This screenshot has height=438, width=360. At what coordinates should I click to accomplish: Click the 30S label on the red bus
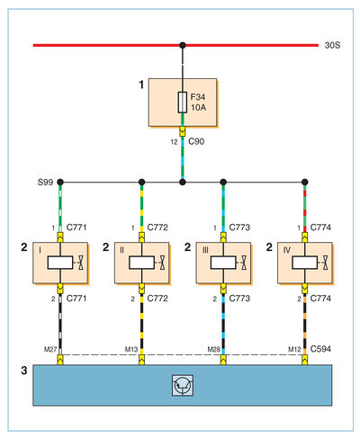click(x=332, y=45)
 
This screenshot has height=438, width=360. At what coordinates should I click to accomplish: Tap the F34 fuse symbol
click(x=183, y=103)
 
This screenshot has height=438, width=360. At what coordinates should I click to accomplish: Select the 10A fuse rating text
click(x=199, y=107)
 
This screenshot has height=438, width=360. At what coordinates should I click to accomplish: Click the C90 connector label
click(x=196, y=141)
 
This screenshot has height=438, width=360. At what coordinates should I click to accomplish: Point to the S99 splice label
click(x=45, y=182)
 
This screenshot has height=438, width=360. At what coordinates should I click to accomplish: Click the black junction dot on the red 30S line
click(x=183, y=45)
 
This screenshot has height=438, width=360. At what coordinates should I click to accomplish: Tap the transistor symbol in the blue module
click(x=183, y=385)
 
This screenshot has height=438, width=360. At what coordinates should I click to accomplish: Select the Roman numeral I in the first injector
click(x=40, y=250)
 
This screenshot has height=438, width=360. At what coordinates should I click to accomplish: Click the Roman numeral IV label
click(x=287, y=250)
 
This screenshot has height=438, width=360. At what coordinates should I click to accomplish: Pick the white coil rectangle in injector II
click(x=141, y=263)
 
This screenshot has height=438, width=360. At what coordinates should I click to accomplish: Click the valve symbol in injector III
click(x=244, y=263)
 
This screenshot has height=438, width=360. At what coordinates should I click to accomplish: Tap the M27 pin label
click(x=50, y=349)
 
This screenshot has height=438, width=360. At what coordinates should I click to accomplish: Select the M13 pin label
click(x=131, y=349)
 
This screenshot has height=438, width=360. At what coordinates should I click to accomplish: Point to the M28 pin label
click(x=214, y=349)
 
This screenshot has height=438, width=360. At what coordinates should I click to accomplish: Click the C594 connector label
click(x=320, y=349)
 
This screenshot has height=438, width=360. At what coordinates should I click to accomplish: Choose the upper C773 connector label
click(x=239, y=228)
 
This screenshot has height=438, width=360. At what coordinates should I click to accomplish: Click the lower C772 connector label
click(x=157, y=299)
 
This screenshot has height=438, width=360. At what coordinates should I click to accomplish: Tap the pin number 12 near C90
click(x=175, y=142)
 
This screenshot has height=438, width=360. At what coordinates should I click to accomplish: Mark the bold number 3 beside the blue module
click(x=24, y=371)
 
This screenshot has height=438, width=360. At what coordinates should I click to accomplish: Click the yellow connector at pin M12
click(x=305, y=360)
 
